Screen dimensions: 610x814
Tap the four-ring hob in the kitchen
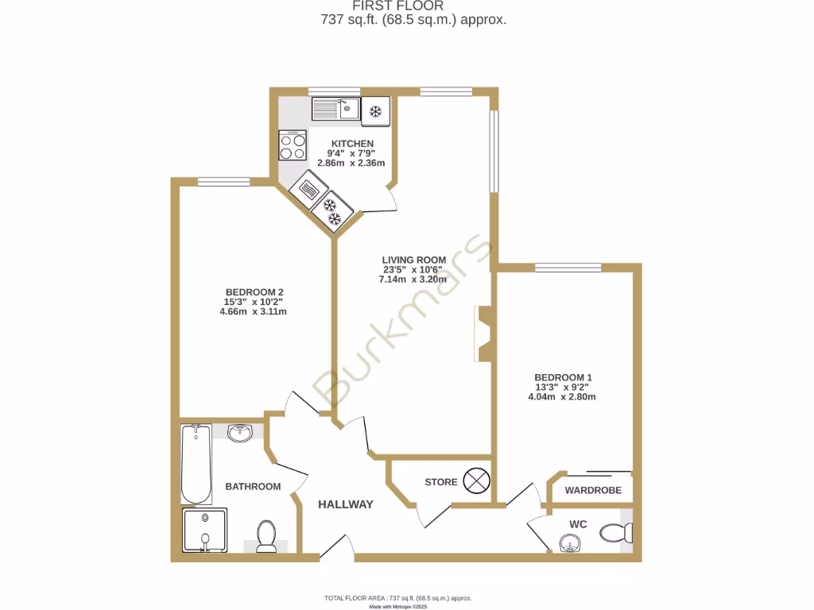(293, 145)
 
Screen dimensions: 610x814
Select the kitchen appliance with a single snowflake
(375, 110)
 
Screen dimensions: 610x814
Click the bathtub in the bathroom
(196, 464)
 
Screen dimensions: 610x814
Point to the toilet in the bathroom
(266, 535)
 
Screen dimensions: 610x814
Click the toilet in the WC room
(616, 532)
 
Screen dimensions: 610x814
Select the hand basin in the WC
(570, 542)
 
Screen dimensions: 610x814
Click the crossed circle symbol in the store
(478, 481)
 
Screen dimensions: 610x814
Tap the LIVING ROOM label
(412, 260)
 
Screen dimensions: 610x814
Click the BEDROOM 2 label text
(254, 291)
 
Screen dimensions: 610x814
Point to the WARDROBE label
(593, 491)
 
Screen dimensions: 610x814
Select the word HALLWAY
(346, 504)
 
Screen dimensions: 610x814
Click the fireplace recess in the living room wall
(483, 334)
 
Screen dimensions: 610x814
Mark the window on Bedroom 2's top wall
(223, 182)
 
